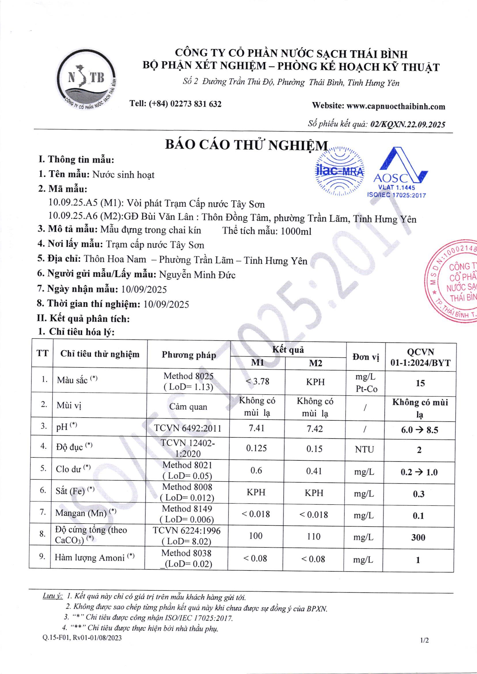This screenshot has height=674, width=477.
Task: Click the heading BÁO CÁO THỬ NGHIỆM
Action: coord(246,145)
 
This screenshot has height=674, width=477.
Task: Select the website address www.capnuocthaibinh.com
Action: coord(396,106)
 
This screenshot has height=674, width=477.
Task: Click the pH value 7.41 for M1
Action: coord(256,428)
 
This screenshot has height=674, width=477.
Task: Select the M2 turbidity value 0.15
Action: coord(314,449)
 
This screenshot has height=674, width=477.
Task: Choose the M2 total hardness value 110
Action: coord(313,536)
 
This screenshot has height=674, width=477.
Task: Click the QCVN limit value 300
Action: coord(418,537)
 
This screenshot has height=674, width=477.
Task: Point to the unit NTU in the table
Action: coord(364,449)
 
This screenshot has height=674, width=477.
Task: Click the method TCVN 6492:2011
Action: coord(188,429)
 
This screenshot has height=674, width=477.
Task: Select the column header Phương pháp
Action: coord(189,355)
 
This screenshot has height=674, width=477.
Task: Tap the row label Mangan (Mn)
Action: coord(81,513)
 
